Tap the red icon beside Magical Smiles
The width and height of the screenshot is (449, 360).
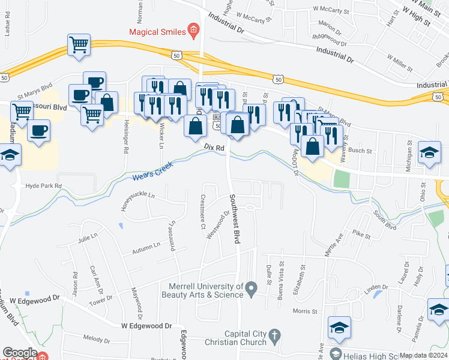pyautogui.click(x=193, y=29)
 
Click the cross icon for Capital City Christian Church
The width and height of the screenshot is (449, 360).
pyautogui.click(x=274, y=335)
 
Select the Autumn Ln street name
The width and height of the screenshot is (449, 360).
pyautogui.click(x=148, y=246)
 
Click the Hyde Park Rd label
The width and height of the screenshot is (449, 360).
pyautogui.click(x=44, y=186)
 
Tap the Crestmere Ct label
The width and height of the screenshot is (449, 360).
pyautogui.click(x=203, y=211)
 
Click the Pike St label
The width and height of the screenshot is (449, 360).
pyautogui.click(x=362, y=232)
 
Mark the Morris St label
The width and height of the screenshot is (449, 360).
pyautogui.click(x=304, y=311)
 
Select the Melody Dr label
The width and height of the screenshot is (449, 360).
pyautogui.click(x=98, y=338)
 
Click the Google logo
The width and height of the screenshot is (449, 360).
pyautogui.click(x=20, y=353)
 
